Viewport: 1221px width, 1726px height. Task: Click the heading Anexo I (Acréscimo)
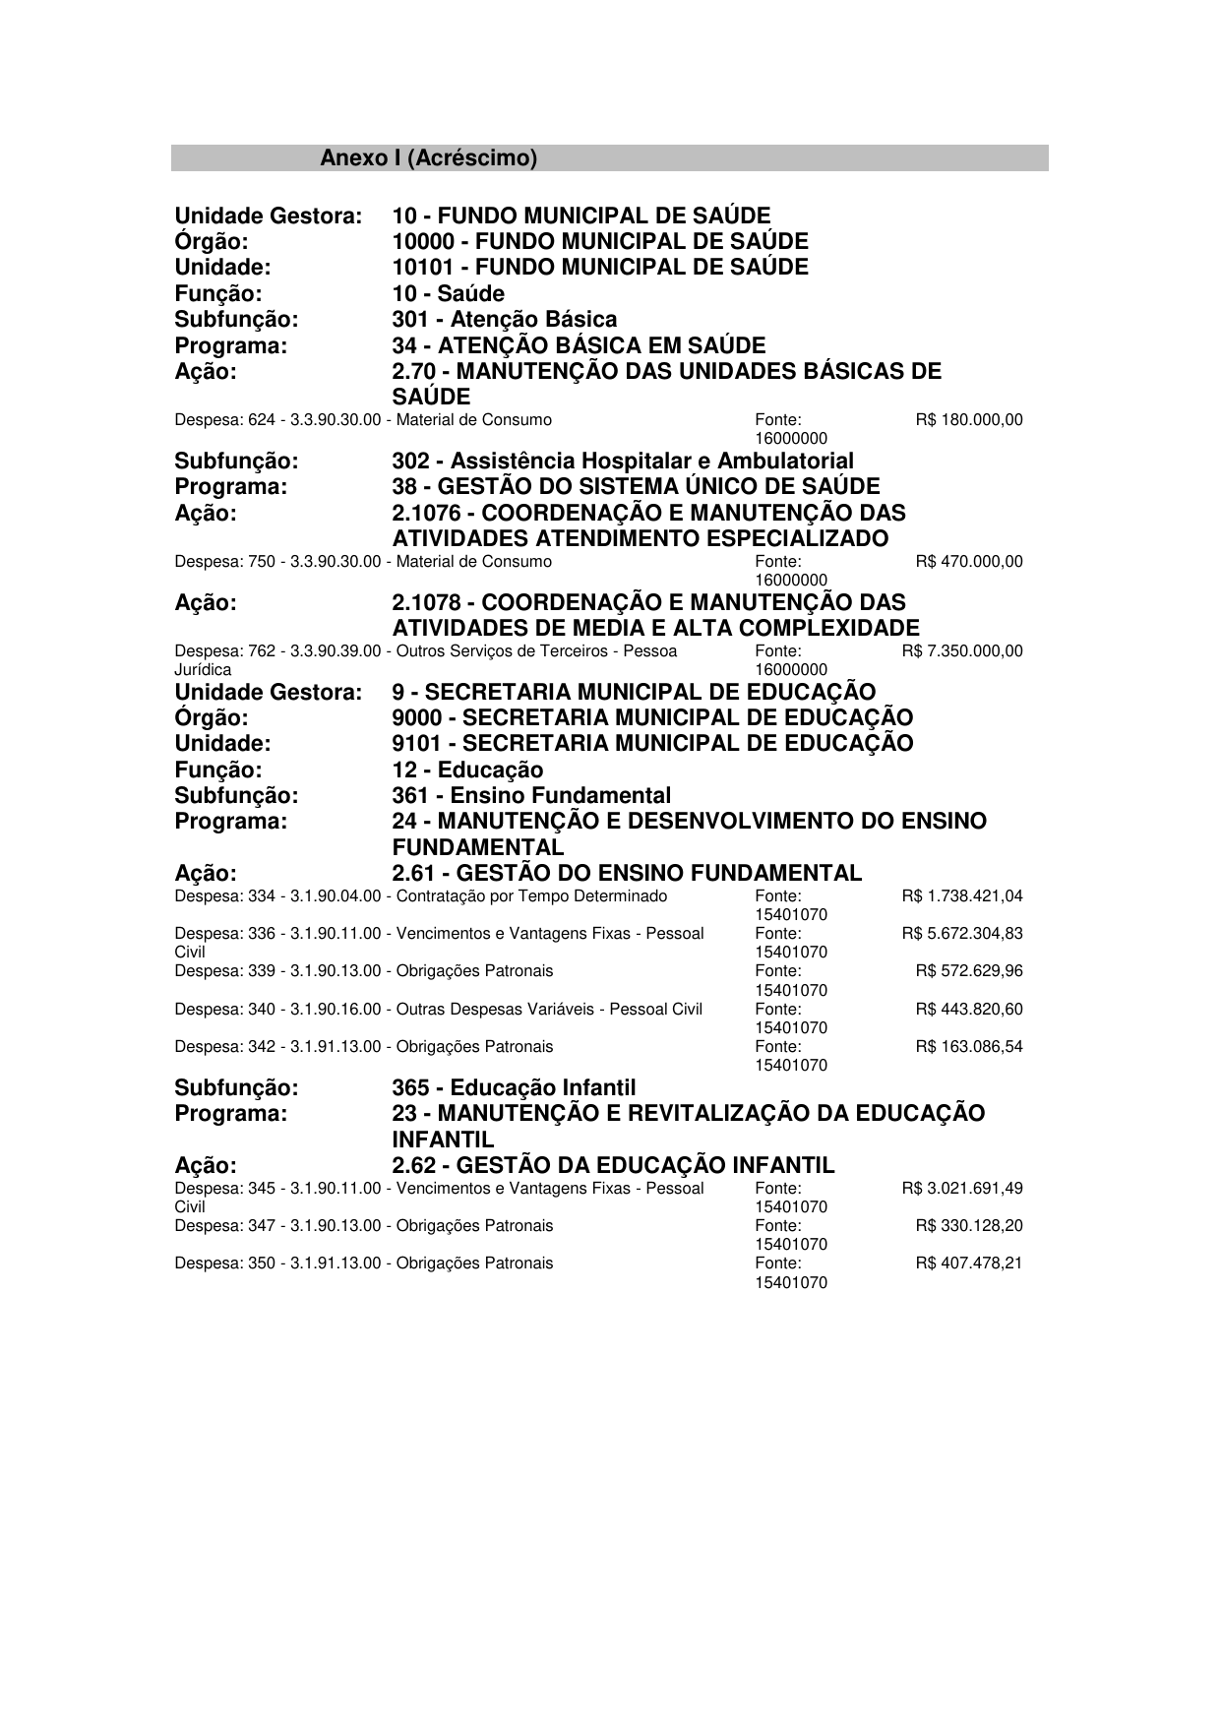pyautogui.click(x=429, y=158)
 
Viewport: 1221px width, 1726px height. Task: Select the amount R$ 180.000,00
pyautogui.click(x=968, y=420)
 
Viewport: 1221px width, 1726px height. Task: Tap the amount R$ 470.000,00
pyautogui.click(x=968, y=562)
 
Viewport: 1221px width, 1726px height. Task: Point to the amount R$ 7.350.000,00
pyautogui.click(x=961, y=651)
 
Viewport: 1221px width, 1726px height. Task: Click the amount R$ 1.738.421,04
pyautogui.click(x=961, y=896)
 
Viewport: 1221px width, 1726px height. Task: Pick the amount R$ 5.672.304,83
pyautogui.click(x=961, y=934)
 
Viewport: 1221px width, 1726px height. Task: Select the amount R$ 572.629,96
pyautogui.click(x=968, y=971)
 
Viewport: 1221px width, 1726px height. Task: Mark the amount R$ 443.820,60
pyautogui.click(x=968, y=1009)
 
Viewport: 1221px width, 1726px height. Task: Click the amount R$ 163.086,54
pyautogui.click(x=968, y=1047)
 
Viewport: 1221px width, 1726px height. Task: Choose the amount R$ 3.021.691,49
pyautogui.click(x=961, y=1189)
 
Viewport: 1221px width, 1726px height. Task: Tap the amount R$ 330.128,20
pyautogui.click(x=968, y=1226)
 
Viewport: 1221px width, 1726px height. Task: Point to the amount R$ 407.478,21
pyautogui.click(x=968, y=1264)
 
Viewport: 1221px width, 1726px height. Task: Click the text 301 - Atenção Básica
pyautogui.click(x=504, y=320)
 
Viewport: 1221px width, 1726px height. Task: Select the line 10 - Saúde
pyautogui.click(x=448, y=294)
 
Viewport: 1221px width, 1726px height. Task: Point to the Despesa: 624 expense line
pyautogui.click(x=363, y=420)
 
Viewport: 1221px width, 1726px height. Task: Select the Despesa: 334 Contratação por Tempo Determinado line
pyautogui.click(x=420, y=896)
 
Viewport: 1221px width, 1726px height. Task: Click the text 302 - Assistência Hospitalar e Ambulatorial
pyautogui.click(x=623, y=462)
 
